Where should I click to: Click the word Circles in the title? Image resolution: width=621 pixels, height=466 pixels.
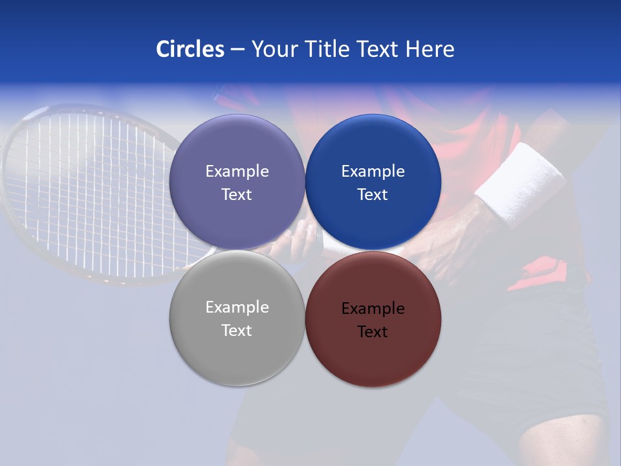[x=190, y=49]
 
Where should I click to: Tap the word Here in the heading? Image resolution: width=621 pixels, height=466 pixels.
[x=430, y=49]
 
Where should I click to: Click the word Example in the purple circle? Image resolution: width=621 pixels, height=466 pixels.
[x=237, y=172]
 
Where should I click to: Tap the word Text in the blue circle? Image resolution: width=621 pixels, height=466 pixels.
[x=373, y=195]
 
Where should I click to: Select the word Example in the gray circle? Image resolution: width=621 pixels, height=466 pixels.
[x=237, y=307]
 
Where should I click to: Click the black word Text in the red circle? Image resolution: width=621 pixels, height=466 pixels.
[x=373, y=332]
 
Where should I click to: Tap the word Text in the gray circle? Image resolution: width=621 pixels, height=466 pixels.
[x=237, y=331]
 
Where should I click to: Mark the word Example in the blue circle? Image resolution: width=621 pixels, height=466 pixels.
[x=373, y=172]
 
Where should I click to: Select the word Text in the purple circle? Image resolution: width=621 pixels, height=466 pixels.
[x=237, y=195]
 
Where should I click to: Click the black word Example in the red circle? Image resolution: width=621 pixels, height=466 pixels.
[x=373, y=309]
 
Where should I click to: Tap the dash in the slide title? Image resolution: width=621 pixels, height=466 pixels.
[x=237, y=50]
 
